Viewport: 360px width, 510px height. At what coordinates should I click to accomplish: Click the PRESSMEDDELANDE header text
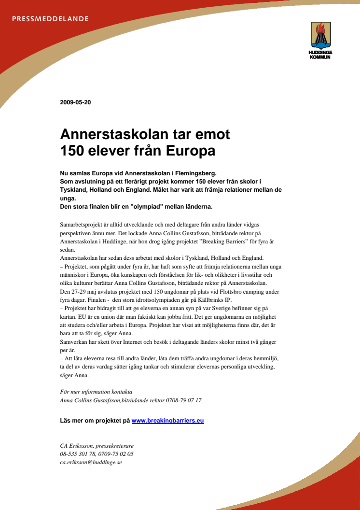click(50, 19)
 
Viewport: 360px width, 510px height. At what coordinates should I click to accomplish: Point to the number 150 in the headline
click(72, 151)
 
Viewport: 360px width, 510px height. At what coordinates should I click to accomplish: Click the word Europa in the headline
click(191, 151)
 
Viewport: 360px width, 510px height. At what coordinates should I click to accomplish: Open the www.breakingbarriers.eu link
click(167, 421)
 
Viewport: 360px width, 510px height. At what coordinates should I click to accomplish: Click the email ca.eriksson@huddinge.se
click(91, 462)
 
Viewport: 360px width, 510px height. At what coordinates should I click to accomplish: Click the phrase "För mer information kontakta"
click(96, 392)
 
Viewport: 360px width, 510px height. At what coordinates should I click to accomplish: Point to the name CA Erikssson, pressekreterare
click(97, 446)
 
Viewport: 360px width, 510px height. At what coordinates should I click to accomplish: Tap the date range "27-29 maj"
click(82, 292)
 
